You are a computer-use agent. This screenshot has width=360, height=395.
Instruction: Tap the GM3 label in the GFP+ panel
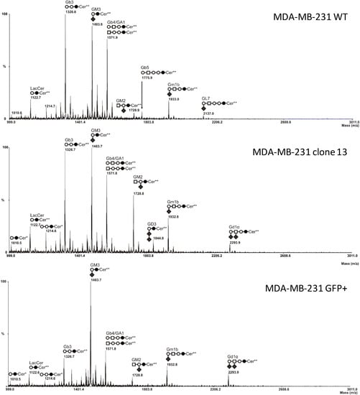click(94, 264)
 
